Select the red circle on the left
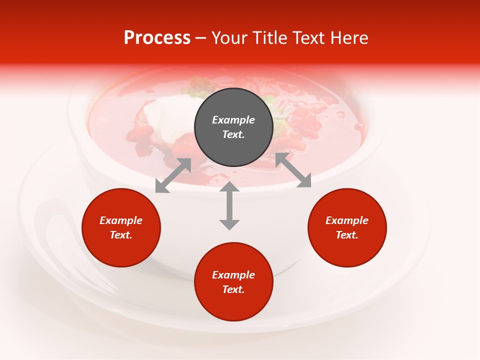coord(121,227)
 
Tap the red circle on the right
coord(347,227)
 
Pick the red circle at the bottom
coord(233,281)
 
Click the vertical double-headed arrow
coord(229,205)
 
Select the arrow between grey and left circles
coord(173,175)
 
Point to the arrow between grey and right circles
coord(293,170)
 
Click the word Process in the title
coord(157,38)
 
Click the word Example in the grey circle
coord(233,120)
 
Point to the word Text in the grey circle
coord(233,134)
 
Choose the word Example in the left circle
coord(121,220)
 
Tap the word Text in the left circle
coord(121,235)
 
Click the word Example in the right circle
coord(347,220)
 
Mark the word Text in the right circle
coord(347,235)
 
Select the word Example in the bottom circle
coord(233,275)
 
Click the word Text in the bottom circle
coord(233,289)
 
